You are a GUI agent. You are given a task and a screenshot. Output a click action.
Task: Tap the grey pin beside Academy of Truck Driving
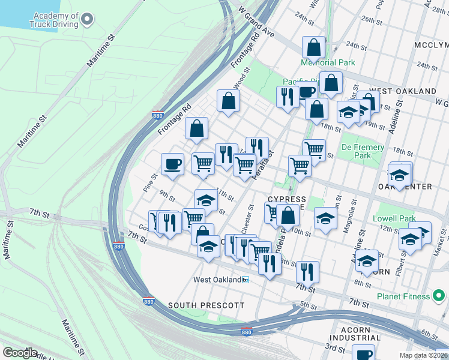pyautogui.click(x=88, y=20)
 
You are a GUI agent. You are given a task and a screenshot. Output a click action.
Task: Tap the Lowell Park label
pyautogui.click(x=394, y=218)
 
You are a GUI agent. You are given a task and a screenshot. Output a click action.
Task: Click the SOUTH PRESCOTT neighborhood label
pyautogui.click(x=206, y=305)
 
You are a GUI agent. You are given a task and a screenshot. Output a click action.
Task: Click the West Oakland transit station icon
pyautogui.click(x=245, y=280)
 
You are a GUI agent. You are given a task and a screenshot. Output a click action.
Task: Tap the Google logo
pyautogui.click(x=20, y=353)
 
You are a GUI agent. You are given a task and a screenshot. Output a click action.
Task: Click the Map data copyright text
pyautogui.click(x=423, y=355)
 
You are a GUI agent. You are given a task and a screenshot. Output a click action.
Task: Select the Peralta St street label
pyautogui.click(x=265, y=161)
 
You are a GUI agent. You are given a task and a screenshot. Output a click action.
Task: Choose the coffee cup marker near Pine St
pyautogui.click(x=173, y=164)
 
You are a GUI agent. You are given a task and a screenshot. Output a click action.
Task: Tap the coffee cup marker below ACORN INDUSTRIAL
pyautogui.click(x=363, y=353)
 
